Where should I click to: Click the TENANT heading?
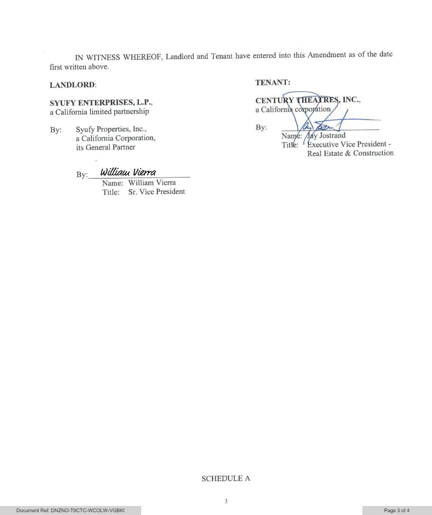pyautogui.click(x=273, y=82)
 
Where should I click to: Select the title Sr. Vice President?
pyautogui.click(x=156, y=192)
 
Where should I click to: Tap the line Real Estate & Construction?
pyautogui.click(x=350, y=153)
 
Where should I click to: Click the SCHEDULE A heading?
pyautogui.click(x=226, y=479)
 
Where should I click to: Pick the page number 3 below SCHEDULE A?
pyautogui.click(x=226, y=501)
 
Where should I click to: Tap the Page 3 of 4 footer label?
pyautogui.click(x=397, y=510)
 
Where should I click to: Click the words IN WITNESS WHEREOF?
pyautogui.click(x=118, y=58)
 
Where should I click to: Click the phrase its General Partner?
pyautogui.click(x=105, y=147)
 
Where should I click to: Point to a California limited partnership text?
pyautogui.click(x=99, y=112)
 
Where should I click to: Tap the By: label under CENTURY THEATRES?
pyautogui.click(x=261, y=127)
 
